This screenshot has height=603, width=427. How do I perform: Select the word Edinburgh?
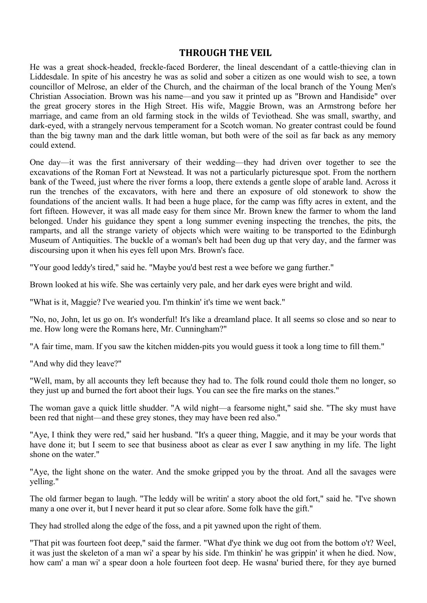coord(378,231)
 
